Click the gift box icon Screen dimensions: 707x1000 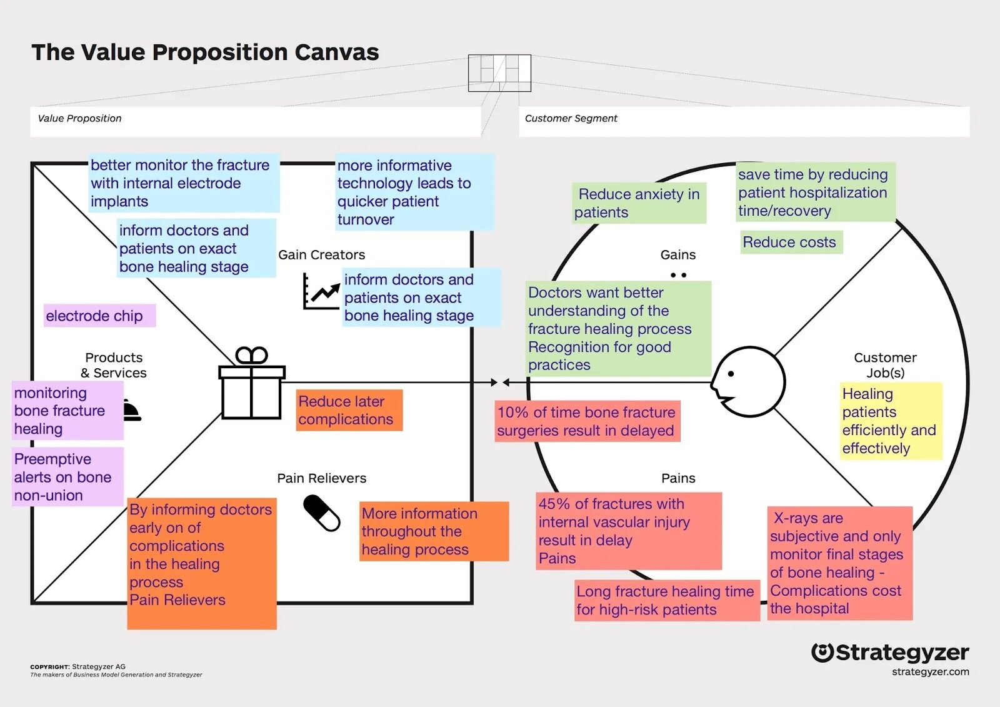tap(252, 384)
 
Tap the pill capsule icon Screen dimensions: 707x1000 tap(321, 513)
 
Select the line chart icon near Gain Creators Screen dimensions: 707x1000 tap(321, 291)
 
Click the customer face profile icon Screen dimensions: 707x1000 tap(748, 381)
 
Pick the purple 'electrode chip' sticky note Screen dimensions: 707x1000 tap(99, 316)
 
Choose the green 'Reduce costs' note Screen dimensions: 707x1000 tap(791, 242)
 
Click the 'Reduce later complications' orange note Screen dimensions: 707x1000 tap(349, 410)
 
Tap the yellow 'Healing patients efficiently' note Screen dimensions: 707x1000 tap(890, 421)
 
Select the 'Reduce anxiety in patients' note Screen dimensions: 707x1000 tap(638, 203)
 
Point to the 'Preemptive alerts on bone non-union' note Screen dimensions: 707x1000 tap(67, 477)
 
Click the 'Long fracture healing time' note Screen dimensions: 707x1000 tap(666, 600)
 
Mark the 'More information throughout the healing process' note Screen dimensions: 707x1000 tap(434, 531)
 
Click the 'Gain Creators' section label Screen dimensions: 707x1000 tap(321, 254)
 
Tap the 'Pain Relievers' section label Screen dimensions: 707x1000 tap(321, 478)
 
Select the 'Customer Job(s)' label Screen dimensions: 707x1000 tap(885, 365)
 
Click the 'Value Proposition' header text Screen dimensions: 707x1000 tap(79, 118)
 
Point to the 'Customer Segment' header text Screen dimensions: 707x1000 tap(571, 118)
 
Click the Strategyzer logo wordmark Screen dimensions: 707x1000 tap(890, 653)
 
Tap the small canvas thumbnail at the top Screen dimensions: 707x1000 tap(499, 73)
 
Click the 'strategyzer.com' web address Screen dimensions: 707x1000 tap(930, 672)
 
